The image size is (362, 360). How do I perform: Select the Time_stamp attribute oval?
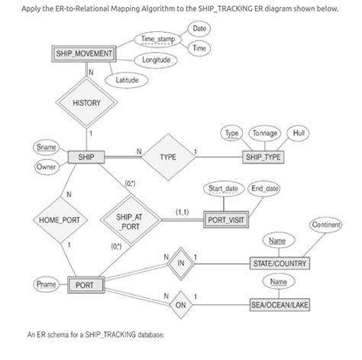coord(158,39)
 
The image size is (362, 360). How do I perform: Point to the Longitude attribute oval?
coord(158,59)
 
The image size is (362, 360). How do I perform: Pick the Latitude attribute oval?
coord(127,80)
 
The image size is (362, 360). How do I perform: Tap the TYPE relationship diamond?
coord(169,157)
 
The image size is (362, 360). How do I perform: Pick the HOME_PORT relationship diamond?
coord(54,221)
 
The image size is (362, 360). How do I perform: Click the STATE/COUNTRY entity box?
coord(280,264)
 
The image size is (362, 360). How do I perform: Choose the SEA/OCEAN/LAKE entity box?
coord(280,305)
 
